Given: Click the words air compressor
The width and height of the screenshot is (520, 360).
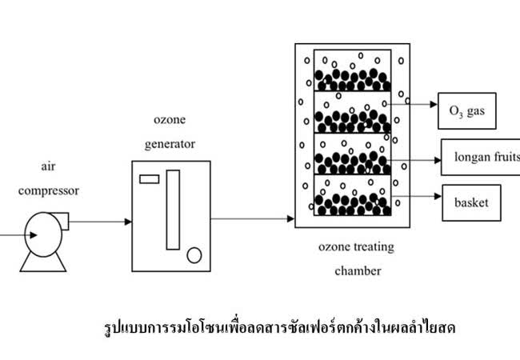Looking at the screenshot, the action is [x=49, y=178].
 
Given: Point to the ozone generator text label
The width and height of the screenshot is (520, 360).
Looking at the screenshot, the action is [x=170, y=132].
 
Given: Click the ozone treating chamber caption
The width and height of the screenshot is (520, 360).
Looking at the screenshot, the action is [x=357, y=258].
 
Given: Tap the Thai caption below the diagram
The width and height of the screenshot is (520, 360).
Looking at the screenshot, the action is [x=279, y=327].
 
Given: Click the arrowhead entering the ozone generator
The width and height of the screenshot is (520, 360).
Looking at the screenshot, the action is [x=128, y=222].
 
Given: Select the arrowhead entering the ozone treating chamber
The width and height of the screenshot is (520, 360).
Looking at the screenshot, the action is [x=291, y=218].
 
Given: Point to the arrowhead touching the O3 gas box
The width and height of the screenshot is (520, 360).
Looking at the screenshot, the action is [x=434, y=105].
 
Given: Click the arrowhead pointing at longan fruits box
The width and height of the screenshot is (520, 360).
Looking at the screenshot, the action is [x=438, y=161].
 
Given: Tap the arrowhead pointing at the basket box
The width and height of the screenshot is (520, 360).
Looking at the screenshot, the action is [x=438, y=196].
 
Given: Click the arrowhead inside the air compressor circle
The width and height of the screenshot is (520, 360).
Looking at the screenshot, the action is [x=34, y=235].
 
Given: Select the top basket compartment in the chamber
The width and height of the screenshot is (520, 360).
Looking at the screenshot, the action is [x=353, y=70].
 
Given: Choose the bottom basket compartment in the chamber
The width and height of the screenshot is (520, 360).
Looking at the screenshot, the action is [x=353, y=195].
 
